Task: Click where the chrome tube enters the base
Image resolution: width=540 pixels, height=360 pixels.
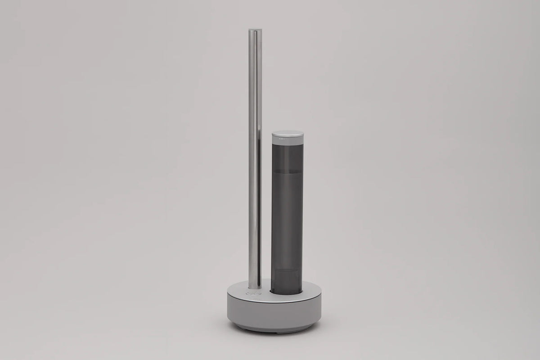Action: (x=254, y=288)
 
